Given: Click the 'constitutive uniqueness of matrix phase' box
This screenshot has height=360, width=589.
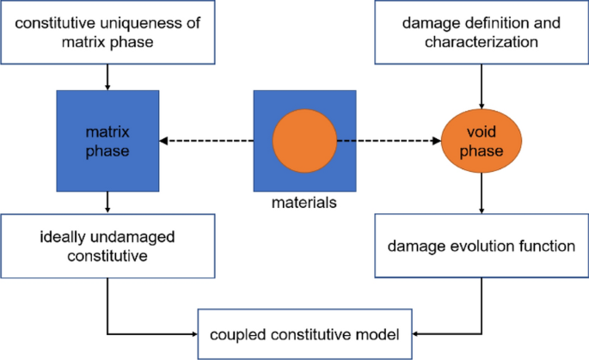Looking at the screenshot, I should [x=107, y=32].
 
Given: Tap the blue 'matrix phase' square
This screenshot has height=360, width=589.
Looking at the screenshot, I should [x=107, y=140].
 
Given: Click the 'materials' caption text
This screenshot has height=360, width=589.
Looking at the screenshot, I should [x=304, y=204].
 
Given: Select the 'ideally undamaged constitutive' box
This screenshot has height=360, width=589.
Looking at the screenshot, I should [x=107, y=246].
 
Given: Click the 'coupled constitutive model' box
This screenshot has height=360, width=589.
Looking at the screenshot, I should [x=304, y=333].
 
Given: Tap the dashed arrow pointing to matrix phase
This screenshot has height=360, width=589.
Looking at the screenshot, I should [x=206, y=142].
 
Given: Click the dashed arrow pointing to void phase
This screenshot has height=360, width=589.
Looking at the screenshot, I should [x=387, y=142].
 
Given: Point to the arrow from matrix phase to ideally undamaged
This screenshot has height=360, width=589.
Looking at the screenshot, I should [x=107, y=202].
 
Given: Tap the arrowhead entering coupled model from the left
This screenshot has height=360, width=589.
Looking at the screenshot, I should [x=193, y=333].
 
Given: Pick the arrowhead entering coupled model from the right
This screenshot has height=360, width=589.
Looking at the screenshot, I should [x=416, y=333].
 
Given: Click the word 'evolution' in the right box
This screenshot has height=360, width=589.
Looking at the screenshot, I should [x=487, y=246].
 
